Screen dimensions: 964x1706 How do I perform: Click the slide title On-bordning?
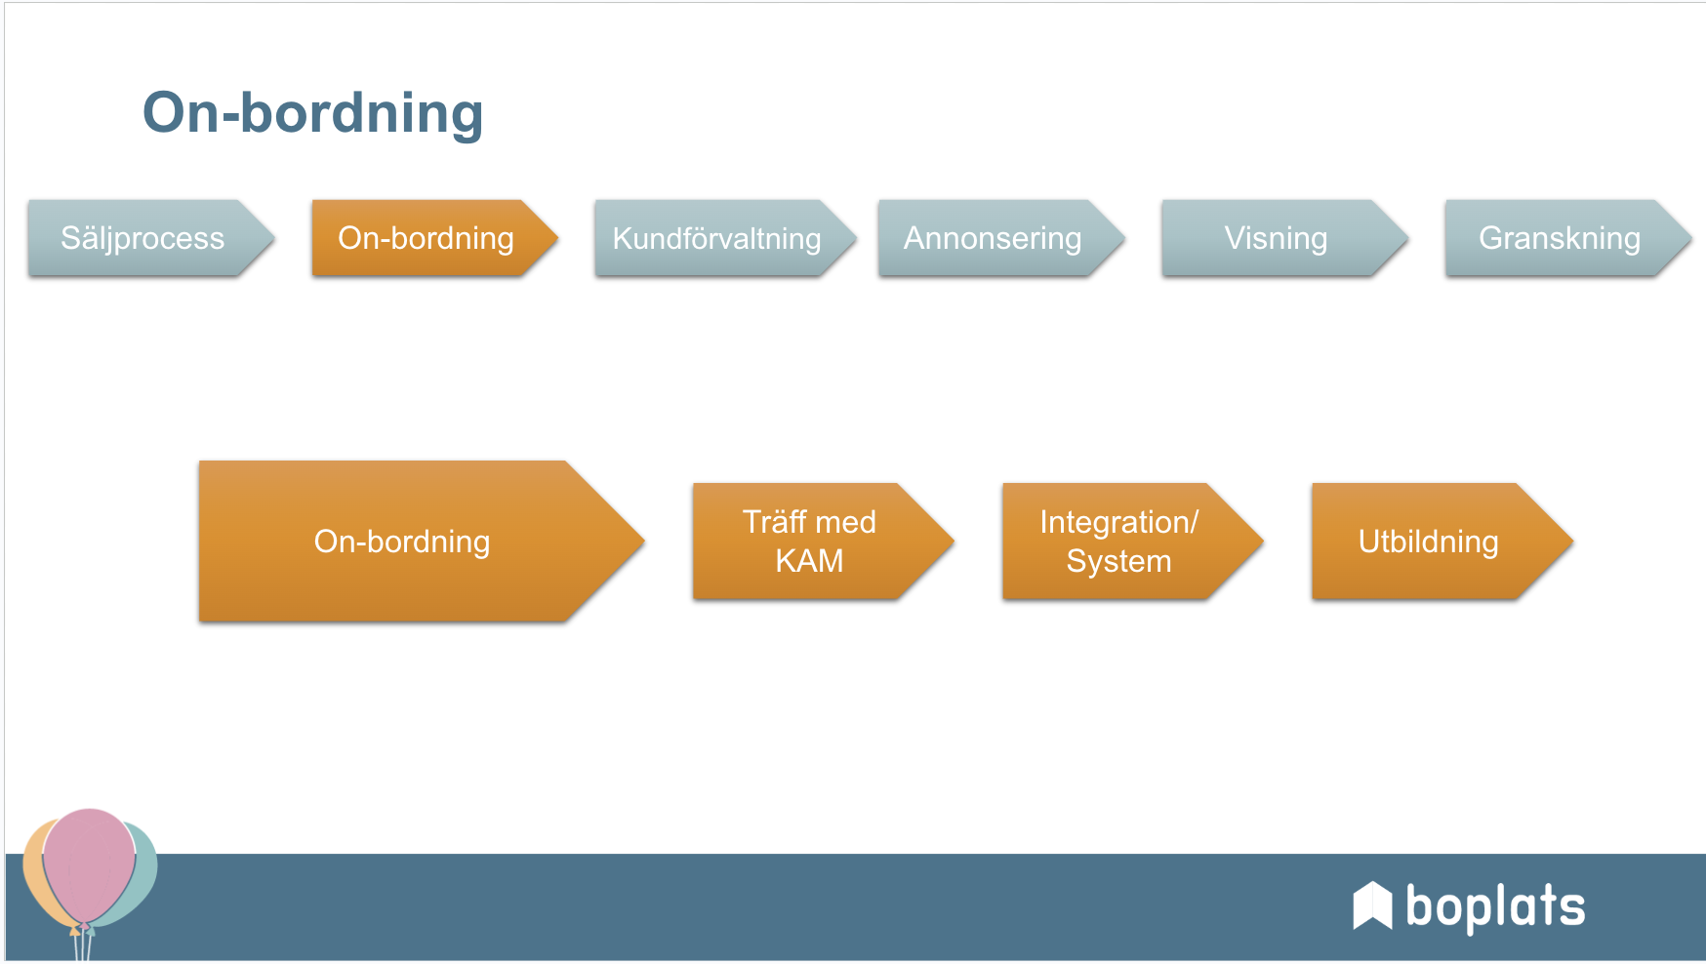tap(312, 113)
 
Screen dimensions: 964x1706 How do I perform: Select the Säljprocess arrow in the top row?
tap(143, 238)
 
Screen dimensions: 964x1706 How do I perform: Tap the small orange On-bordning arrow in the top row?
tap(426, 238)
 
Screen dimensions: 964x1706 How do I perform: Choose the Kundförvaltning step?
tap(717, 238)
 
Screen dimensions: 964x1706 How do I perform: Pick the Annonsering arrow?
tap(993, 238)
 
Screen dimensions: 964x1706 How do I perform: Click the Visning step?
tap(1276, 238)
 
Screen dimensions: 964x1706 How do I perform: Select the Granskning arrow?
tap(1560, 238)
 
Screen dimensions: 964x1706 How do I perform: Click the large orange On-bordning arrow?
tap(402, 542)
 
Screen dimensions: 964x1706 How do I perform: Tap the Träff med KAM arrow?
tap(810, 542)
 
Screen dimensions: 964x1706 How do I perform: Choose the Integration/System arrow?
tap(1119, 542)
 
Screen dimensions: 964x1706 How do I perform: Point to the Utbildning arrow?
tap(1429, 542)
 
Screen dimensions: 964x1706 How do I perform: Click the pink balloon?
tap(89, 864)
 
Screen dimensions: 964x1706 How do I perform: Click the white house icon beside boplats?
tap(1372, 905)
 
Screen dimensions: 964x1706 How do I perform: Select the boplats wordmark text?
tap(1495, 907)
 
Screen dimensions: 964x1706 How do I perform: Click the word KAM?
tap(809, 561)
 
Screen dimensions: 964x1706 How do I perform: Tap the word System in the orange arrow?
tap(1118, 561)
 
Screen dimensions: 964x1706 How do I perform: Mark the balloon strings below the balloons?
tap(83, 944)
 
